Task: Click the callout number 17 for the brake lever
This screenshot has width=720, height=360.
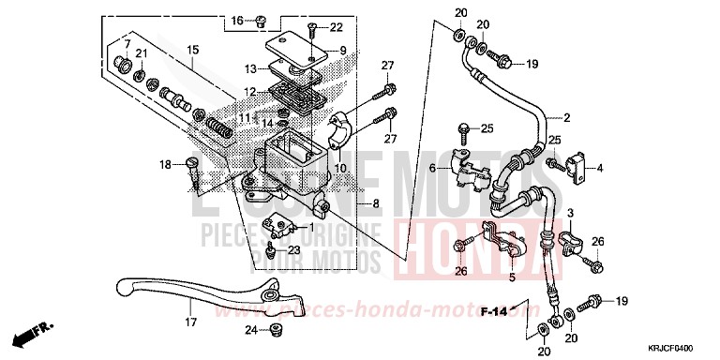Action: click(x=190, y=322)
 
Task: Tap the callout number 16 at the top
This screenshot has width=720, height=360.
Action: click(x=236, y=20)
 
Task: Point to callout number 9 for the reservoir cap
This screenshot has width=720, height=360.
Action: click(x=343, y=51)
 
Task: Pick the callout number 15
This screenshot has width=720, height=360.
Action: click(x=191, y=49)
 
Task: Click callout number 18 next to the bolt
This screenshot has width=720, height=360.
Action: click(x=164, y=164)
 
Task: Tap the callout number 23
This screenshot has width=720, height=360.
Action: click(x=292, y=249)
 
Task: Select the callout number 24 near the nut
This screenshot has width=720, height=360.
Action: click(x=250, y=329)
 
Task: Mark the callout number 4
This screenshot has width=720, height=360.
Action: click(x=600, y=169)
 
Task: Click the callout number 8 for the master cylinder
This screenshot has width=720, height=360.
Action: click(x=351, y=203)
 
